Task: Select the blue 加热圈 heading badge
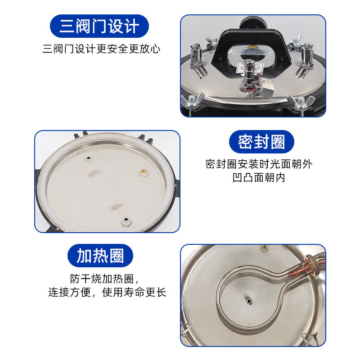click(100, 256)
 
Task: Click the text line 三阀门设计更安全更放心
click(101, 49)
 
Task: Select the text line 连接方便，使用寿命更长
click(107, 292)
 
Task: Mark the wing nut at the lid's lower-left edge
click(193, 101)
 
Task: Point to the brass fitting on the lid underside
click(142, 171)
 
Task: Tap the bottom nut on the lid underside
click(126, 220)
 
